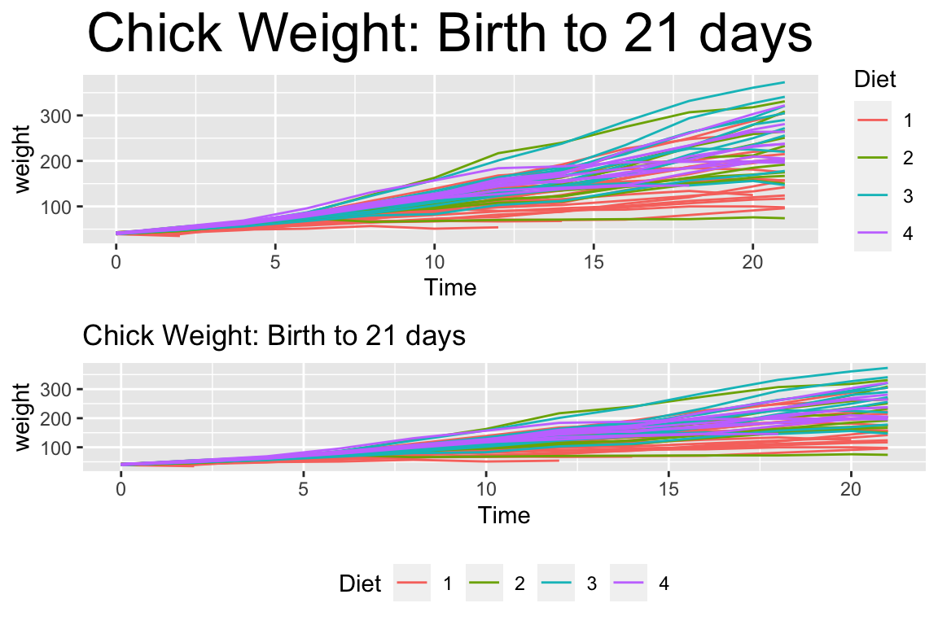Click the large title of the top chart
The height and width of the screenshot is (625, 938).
449,34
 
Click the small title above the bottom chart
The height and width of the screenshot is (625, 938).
274,335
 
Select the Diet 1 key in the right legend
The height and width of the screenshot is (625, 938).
872,120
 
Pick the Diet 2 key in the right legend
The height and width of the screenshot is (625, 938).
872,158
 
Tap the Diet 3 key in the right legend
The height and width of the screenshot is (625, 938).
872,196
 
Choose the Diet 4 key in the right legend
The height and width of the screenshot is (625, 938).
872,234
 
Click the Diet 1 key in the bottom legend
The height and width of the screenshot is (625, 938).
412,583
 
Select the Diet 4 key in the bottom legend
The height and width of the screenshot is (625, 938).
629,583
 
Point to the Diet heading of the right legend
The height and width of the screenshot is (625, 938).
875,79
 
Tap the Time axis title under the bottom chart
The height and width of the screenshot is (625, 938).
503,515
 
